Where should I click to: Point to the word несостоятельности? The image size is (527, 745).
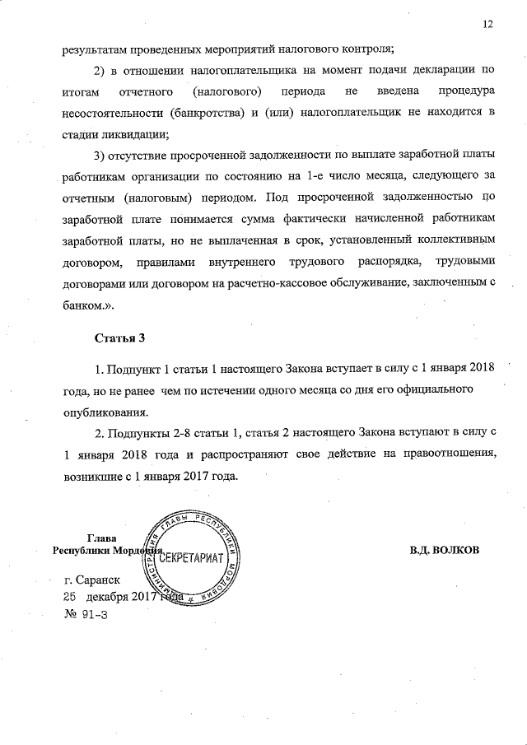point(113,113)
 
